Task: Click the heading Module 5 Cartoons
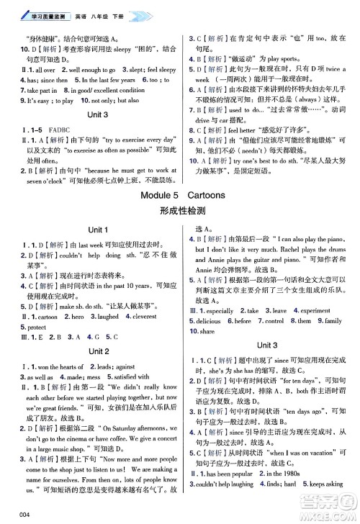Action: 180,194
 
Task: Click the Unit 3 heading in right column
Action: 266,345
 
